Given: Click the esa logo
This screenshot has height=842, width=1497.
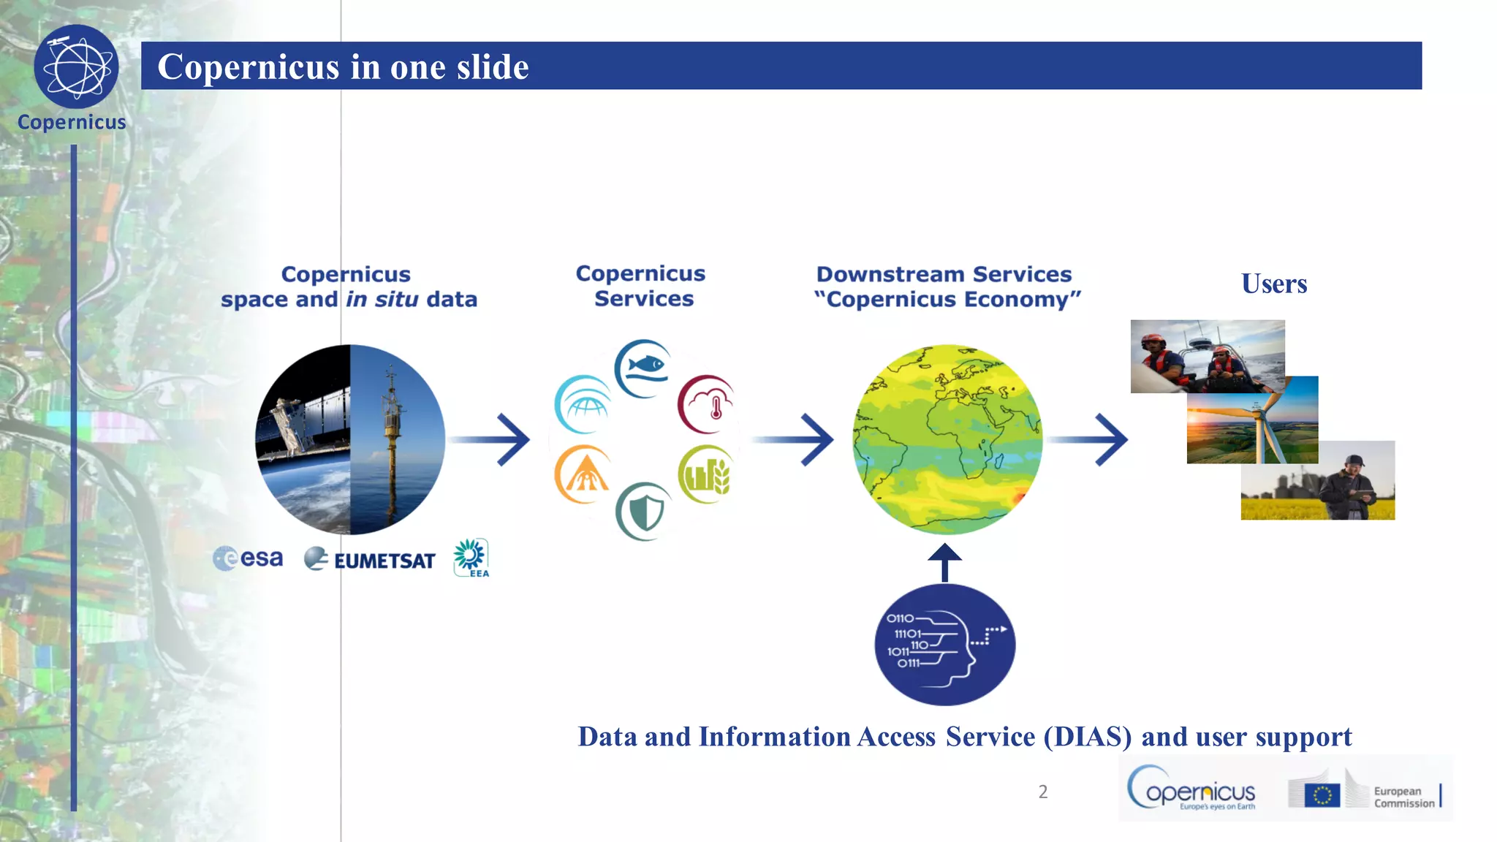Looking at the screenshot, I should (248, 559).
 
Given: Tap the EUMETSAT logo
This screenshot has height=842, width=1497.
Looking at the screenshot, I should (370, 560).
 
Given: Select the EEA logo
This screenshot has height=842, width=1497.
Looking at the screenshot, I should (471, 558).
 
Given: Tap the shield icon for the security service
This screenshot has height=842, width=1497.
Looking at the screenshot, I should (644, 511).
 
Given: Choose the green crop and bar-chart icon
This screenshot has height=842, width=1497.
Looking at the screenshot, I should (705, 474).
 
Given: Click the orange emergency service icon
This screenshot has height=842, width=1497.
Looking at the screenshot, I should (583, 474).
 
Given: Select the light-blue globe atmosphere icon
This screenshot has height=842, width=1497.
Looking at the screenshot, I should (583, 404).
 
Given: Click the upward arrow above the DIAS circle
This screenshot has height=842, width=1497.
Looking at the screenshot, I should (944, 561).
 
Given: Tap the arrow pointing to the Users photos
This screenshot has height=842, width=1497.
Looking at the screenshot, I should (1089, 439).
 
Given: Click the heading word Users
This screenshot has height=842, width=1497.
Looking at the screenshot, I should (1274, 284).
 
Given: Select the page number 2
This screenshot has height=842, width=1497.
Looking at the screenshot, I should (1043, 792).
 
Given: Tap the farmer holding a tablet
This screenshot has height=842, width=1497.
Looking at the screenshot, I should (1349, 486).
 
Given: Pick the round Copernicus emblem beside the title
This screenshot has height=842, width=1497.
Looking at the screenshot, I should (76, 67).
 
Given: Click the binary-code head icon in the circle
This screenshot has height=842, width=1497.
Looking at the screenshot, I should (944, 645).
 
